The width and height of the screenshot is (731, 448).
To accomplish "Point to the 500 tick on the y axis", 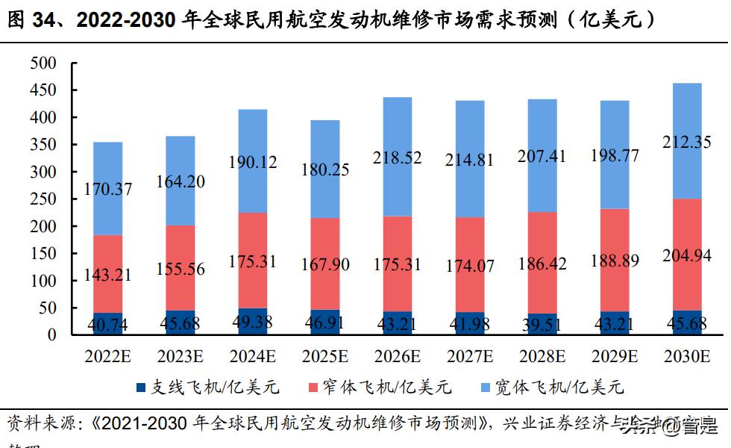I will [x=44, y=63].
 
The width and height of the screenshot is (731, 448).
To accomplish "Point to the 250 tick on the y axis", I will [x=44, y=199].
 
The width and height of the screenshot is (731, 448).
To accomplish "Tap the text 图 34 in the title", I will [x=29, y=20].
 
